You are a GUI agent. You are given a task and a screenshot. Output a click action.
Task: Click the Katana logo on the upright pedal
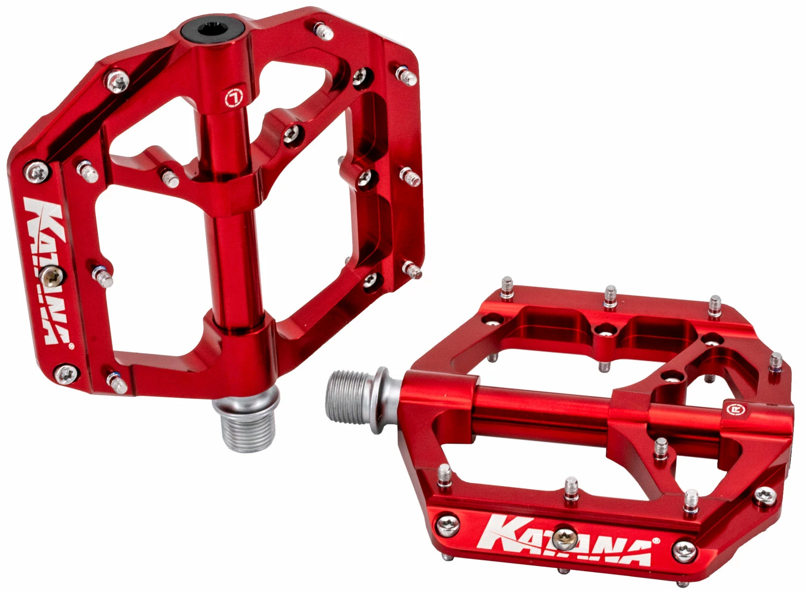tap(47, 269)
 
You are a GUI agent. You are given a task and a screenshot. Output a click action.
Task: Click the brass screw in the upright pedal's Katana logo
tap(54, 276)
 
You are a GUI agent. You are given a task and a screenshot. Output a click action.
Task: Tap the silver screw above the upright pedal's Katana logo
tap(35, 172)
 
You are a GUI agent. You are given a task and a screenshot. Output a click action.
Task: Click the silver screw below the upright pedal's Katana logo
tap(67, 372)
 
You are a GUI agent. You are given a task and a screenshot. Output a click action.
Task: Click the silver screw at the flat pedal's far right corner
tap(765, 494)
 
